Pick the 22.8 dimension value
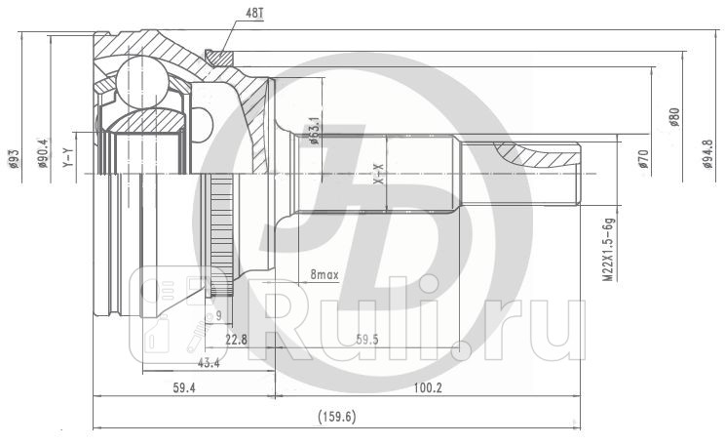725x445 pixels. (x=236, y=340)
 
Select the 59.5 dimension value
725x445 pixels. (x=366, y=340)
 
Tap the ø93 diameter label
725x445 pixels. (x=14, y=157)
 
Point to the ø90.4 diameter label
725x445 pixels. (x=42, y=154)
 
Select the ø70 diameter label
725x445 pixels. (x=644, y=159)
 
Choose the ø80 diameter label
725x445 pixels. (x=674, y=119)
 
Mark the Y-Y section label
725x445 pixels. (x=68, y=157)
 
